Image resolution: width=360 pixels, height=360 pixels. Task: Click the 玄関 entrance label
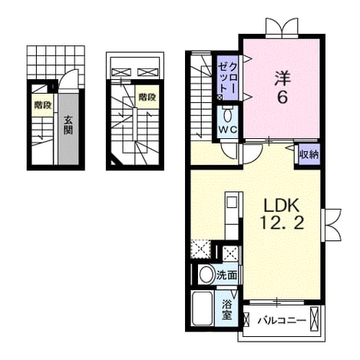68,125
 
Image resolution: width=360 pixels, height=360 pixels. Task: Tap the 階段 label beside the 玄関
43,105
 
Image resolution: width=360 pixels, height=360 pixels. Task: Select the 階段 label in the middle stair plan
147,97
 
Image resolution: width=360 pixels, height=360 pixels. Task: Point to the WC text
227,130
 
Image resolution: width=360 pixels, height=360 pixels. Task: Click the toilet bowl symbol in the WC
226,115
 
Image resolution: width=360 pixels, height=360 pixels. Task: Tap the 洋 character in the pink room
282,78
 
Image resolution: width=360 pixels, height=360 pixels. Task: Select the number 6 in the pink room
282,97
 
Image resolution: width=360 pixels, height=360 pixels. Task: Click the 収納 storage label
309,154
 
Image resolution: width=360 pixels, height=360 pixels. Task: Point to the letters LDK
282,206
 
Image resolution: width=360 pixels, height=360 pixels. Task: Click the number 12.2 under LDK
282,222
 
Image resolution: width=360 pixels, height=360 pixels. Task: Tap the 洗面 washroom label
226,276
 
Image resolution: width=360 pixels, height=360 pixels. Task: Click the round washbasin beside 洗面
206,275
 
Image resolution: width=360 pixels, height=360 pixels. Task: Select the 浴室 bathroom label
227,309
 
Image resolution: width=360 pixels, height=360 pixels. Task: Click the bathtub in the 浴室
203,309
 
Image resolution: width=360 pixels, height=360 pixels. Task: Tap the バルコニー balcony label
282,320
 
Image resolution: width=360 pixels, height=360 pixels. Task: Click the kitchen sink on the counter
232,203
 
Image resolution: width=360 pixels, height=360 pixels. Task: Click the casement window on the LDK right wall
332,225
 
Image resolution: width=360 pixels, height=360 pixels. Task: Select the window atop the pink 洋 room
282,28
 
